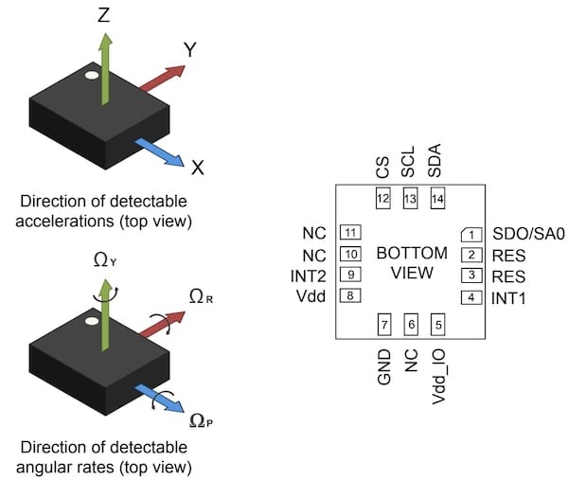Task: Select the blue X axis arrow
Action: (x=160, y=151)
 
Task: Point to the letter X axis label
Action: (x=197, y=168)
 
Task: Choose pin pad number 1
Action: (x=470, y=233)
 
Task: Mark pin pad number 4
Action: (x=470, y=298)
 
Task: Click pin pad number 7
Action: (x=384, y=324)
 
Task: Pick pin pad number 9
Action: (x=351, y=275)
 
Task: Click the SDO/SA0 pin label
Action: (x=524, y=233)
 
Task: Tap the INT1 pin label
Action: (x=510, y=298)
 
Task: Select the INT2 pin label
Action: (x=310, y=275)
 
